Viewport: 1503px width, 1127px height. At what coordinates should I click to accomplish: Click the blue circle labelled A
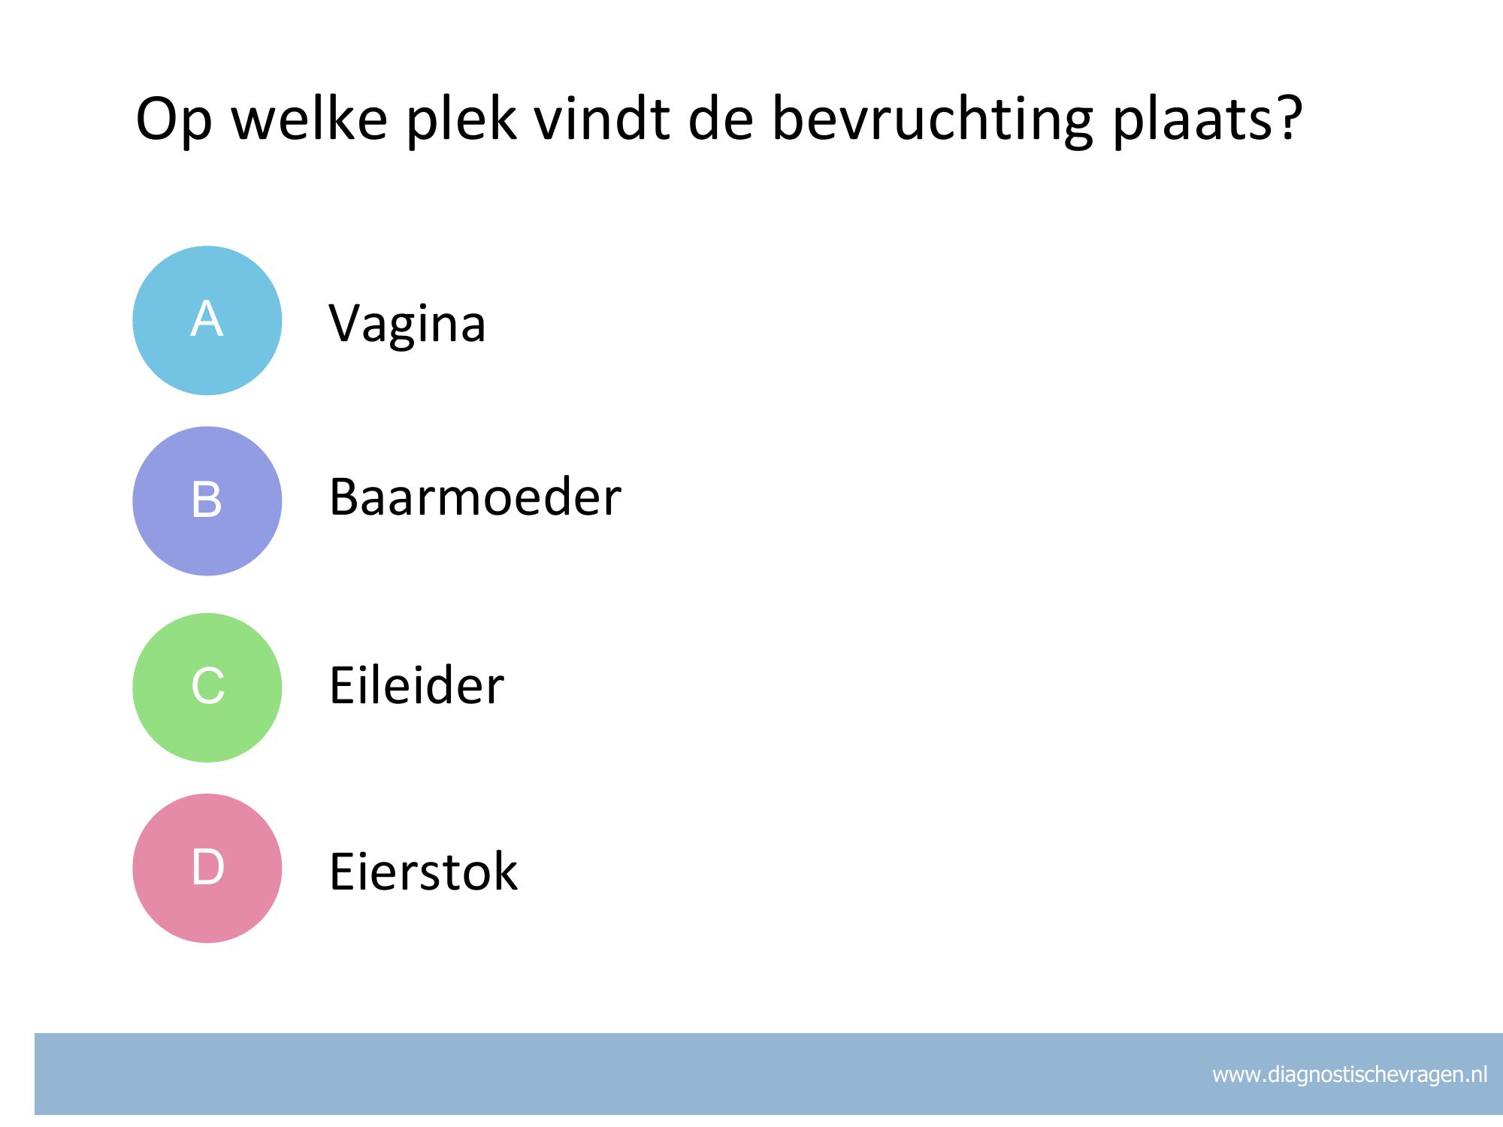point(207,321)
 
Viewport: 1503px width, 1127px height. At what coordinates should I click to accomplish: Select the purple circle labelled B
point(207,501)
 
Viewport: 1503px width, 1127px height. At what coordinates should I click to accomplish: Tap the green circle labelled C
point(207,687)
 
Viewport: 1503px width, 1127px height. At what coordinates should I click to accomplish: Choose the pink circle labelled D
point(207,868)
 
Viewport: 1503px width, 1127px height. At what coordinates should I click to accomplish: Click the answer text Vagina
point(407,325)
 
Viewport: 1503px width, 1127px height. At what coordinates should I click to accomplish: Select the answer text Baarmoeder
point(475,497)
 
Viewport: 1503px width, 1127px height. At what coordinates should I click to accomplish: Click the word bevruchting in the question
point(931,120)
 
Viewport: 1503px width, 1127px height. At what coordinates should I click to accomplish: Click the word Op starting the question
point(174,122)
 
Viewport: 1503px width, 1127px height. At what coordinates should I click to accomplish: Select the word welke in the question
point(309,118)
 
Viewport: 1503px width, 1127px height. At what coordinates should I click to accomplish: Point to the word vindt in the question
point(601,118)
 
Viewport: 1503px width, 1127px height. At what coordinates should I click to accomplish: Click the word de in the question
point(721,118)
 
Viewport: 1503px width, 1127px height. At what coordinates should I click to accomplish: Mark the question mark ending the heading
point(1288,118)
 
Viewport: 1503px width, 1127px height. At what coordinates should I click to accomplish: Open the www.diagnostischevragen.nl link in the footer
point(1350,1075)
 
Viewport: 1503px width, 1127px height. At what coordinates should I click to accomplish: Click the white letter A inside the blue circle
point(207,319)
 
